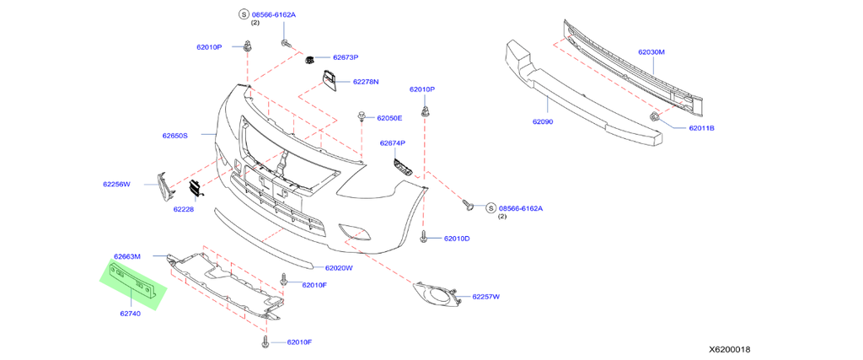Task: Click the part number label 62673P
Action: (x=346, y=57)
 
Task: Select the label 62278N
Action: (x=366, y=82)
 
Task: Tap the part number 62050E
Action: (x=389, y=118)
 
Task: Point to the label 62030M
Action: (x=651, y=52)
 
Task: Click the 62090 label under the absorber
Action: (x=542, y=121)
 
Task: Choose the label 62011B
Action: (x=701, y=128)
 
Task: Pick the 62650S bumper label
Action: (x=175, y=135)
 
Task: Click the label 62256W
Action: (x=117, y=183)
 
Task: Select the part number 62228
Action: (x=184, y=208)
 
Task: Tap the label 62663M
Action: (x=127, y=255)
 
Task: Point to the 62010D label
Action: (x=457, y=239)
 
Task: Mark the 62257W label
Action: (x=485, y=296)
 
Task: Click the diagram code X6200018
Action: (x=729, y=348)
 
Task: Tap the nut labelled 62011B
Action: (x=655, y=116)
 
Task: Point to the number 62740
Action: (x=130, y=314)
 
